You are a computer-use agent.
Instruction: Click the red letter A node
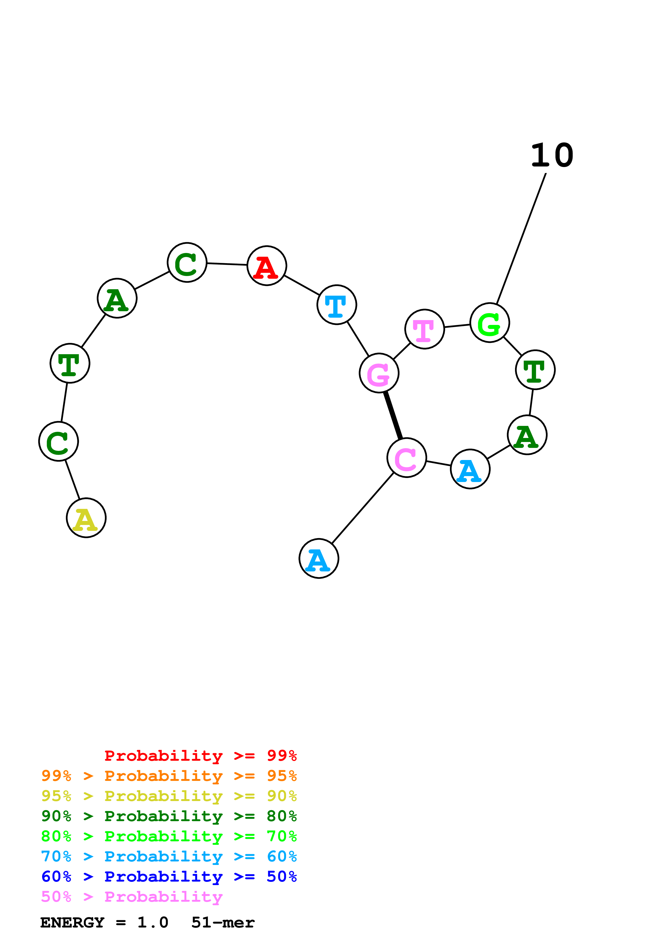[x=267, y=266]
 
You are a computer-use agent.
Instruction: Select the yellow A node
[x=86, y=518]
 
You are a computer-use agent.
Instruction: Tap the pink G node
[x=379, y=373]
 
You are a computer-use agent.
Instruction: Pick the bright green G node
[x=489, y=323]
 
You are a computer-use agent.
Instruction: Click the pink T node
[x=424, y=329]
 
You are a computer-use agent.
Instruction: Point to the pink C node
[x=406, y=458]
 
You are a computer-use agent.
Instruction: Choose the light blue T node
[x=336, y=305]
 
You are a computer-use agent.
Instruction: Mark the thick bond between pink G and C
[x=393, y=415]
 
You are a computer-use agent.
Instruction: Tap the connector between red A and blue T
[x=302, y=285]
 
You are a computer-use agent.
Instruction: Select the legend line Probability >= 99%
[x=200, y=756]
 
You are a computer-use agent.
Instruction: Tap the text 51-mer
[x=223, y=923]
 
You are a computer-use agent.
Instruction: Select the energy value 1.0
[x=153, y=923]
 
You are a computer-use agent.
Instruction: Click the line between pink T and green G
[x=457, y=326]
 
